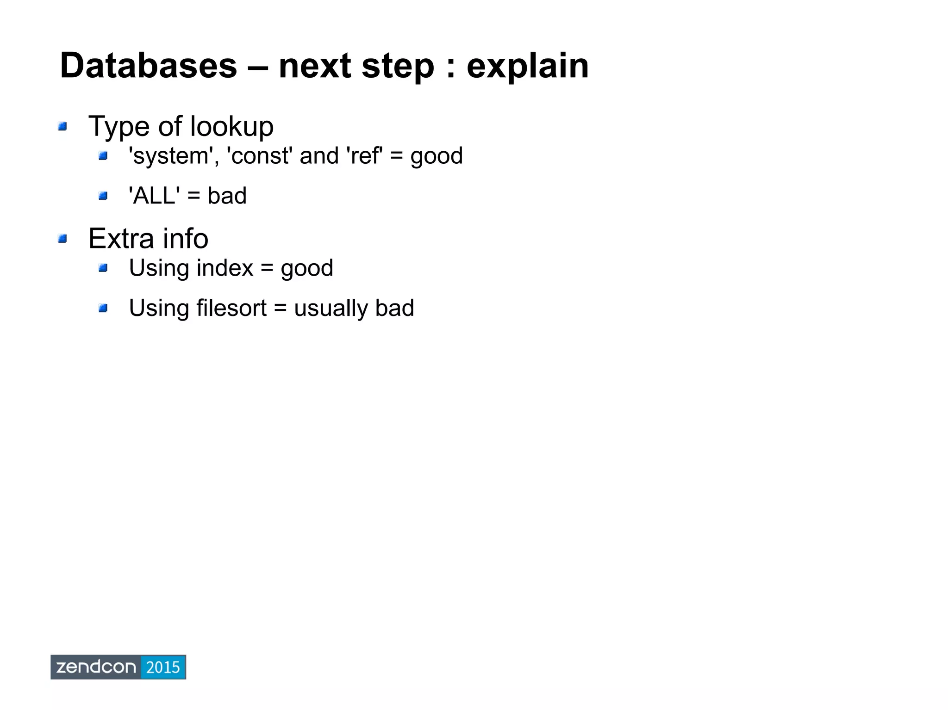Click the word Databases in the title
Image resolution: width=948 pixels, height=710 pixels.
click(x=148, y=66)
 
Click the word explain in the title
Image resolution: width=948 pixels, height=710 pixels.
click(x=527, y=66)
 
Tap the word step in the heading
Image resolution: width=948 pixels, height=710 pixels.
click(x=398, y=66)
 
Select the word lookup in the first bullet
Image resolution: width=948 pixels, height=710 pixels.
click(x=231, y=126)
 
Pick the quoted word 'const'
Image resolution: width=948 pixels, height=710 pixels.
click(x=259, y=156)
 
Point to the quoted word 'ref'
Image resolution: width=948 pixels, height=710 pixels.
click(x=364, y=156)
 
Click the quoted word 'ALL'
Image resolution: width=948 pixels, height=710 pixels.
click(x=154, y=196)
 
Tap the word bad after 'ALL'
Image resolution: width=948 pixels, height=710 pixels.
click(x=227, y=196)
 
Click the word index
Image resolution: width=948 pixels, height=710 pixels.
click(x=225, y=268)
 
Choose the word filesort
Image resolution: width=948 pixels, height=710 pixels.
click(x=231, y=308)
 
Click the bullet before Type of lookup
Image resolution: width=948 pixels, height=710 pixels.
click(x=62, y=126)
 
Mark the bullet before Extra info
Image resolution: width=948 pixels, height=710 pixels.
click(x=62, y=239)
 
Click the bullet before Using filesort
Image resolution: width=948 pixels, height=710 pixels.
click(x=103, y=308)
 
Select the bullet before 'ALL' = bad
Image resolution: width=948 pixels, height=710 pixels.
click(x=103, y=196)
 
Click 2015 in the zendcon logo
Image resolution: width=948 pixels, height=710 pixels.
click(x=162, y=667)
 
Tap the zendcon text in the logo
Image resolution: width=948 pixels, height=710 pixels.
click(x=96, y=667)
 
